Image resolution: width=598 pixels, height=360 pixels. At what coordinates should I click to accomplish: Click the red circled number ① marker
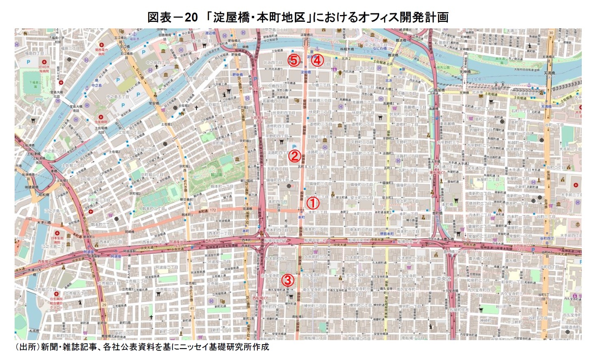pos(313,203)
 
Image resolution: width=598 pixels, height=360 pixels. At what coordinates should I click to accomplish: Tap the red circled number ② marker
pos(294,156)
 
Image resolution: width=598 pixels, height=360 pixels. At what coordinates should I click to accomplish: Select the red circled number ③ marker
pos(287,280)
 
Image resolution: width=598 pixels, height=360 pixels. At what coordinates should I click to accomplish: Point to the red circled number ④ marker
pos(317,60)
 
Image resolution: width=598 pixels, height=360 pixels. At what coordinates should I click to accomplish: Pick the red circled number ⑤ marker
pos(294,60)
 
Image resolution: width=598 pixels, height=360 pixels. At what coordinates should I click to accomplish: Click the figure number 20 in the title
pos(191,17)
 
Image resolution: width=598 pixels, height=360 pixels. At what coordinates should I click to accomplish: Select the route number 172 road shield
pos(213,210)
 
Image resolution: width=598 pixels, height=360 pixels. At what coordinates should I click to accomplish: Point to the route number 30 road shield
pos(551,33)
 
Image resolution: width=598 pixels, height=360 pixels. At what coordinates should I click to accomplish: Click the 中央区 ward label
pos(444,279)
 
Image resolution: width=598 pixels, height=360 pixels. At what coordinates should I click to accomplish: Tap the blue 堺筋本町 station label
pos(386,234)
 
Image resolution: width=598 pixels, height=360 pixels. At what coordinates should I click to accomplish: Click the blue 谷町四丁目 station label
pos(546,239)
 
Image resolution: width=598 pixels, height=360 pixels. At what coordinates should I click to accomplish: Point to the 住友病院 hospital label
pos(101,122)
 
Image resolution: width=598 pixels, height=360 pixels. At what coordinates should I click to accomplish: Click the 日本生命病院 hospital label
pos(56,240)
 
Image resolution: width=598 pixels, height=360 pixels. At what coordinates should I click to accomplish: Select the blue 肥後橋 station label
pos(237,75)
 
